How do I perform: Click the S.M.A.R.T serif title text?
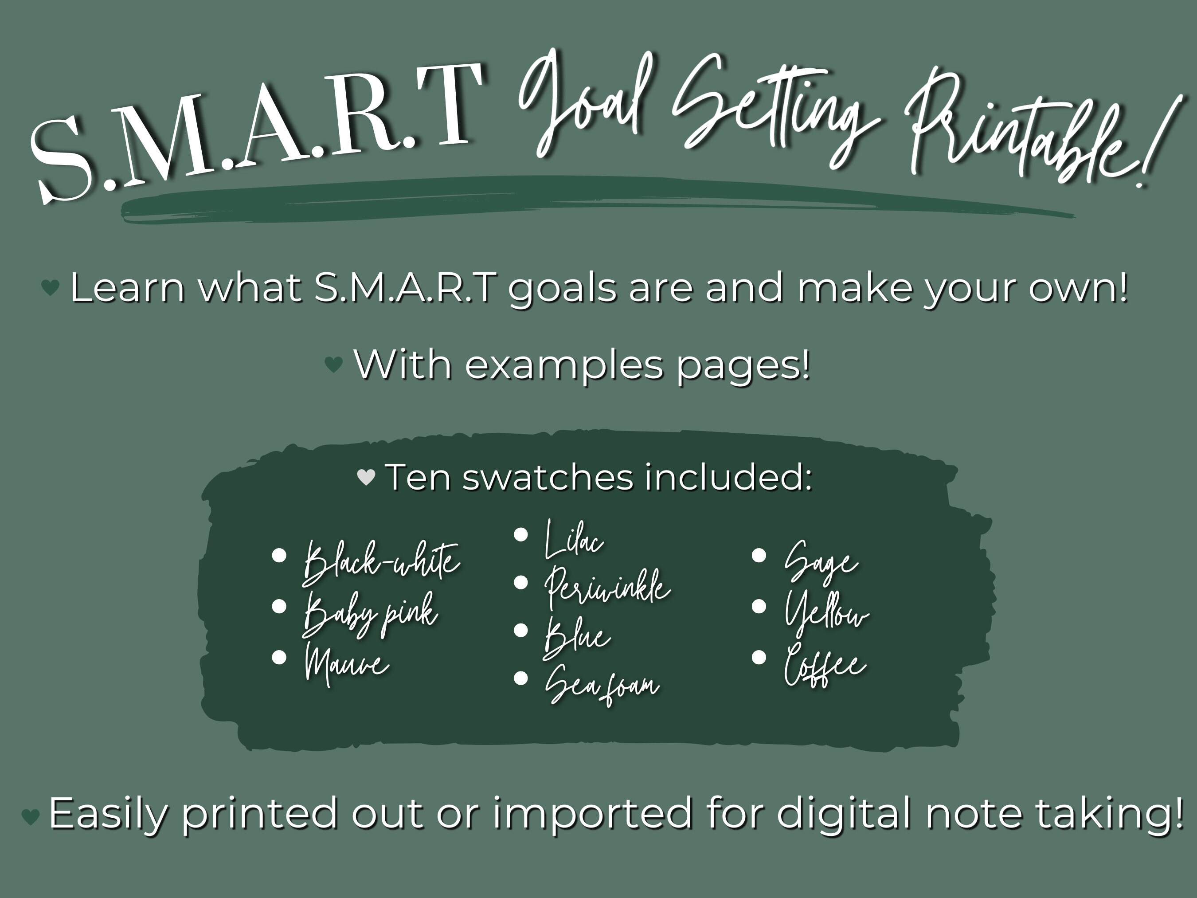click(x=254, y=130)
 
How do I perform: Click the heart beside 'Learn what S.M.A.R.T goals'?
click(x=51, y=287)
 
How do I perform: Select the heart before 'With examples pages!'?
click(x=333, y=364)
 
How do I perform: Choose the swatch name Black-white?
click(x=382, y=563)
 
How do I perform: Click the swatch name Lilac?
click(x=574, y=540)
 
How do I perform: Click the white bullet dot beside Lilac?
click(x=520, y=535)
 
